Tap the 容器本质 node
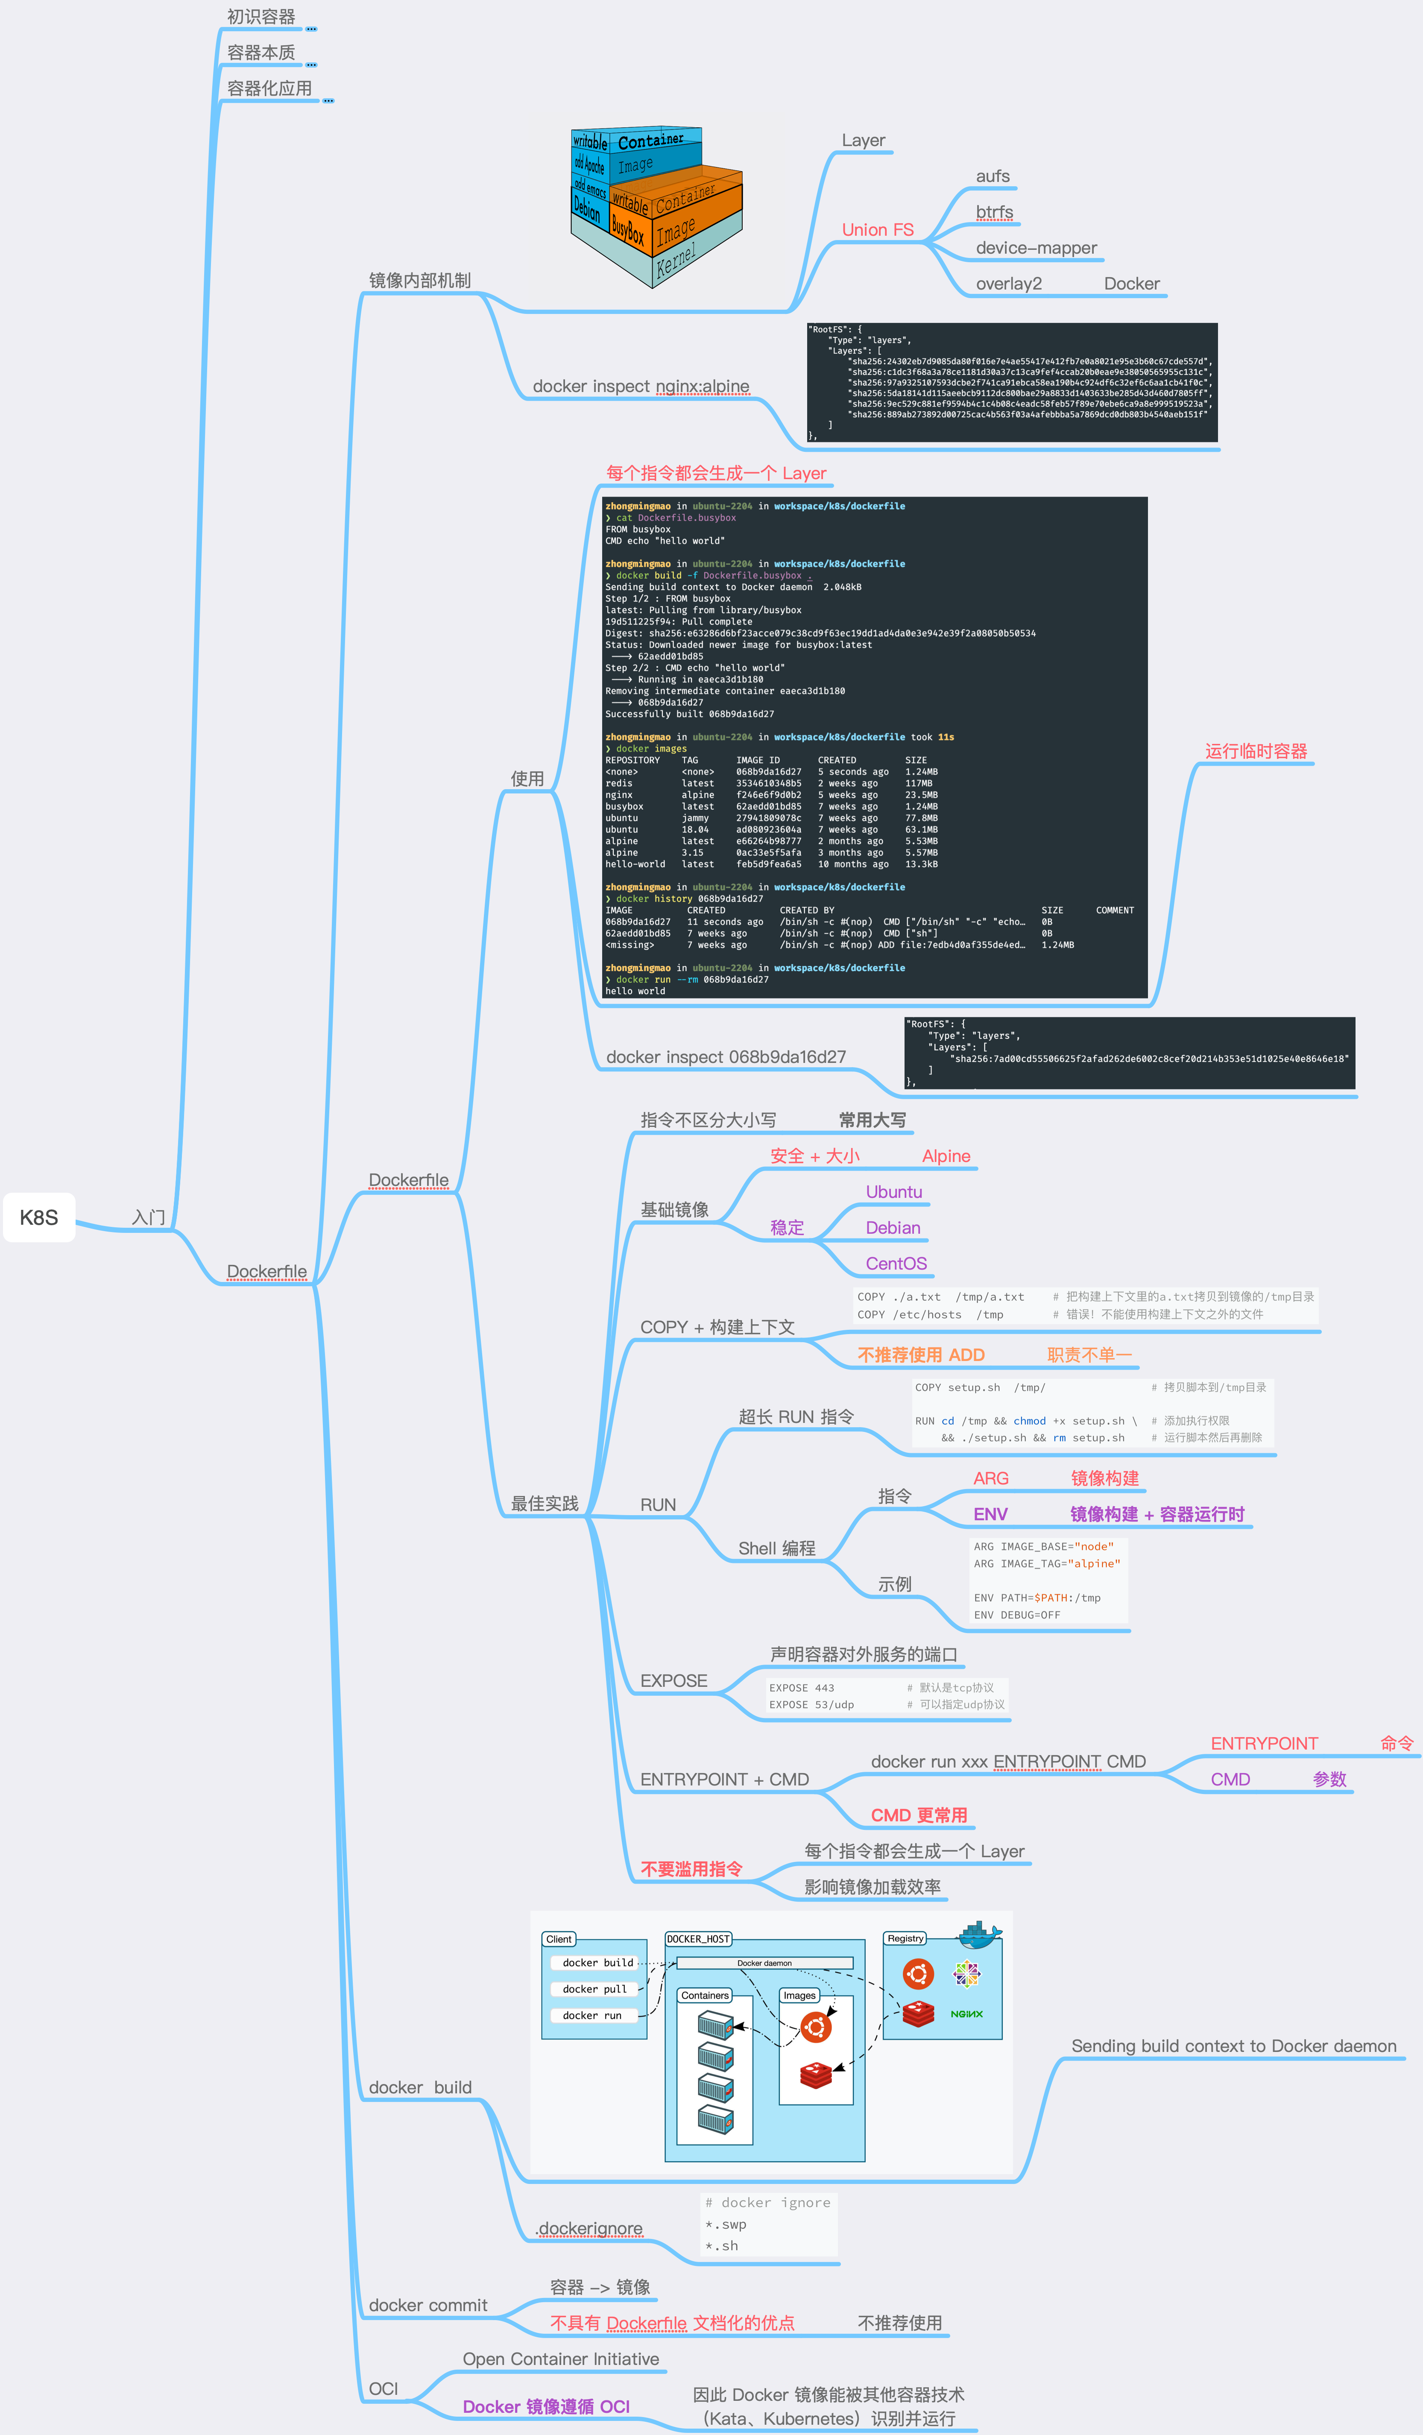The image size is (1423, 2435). click(261, 52)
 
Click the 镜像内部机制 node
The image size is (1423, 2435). click(419, 280)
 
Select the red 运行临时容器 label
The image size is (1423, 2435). click(1256, 751)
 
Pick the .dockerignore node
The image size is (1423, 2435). click(589, 2228)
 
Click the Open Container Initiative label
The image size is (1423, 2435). click(560, 2359)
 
